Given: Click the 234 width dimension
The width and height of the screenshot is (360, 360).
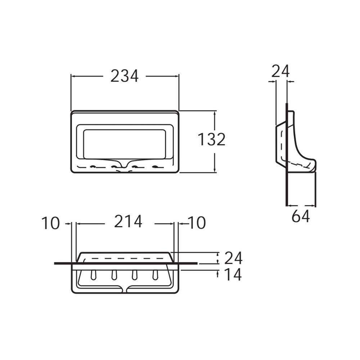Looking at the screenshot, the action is point(125,76).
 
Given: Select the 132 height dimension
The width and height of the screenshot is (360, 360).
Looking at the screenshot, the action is point(211,139).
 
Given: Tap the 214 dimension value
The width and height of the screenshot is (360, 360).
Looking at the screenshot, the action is point(128,221).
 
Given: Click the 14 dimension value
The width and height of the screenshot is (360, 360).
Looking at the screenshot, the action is point(233,274).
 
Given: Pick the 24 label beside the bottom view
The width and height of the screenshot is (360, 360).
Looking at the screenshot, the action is point(233,258).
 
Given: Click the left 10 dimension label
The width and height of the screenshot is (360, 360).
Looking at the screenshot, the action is point(50,223).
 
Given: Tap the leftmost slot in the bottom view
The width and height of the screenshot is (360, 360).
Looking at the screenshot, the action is point(94,275).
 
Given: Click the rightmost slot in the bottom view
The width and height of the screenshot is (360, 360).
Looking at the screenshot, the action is point(155,275).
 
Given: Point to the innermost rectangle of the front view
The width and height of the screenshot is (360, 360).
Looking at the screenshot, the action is point(125,144).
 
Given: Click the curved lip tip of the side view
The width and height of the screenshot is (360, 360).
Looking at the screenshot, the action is point(315,165).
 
